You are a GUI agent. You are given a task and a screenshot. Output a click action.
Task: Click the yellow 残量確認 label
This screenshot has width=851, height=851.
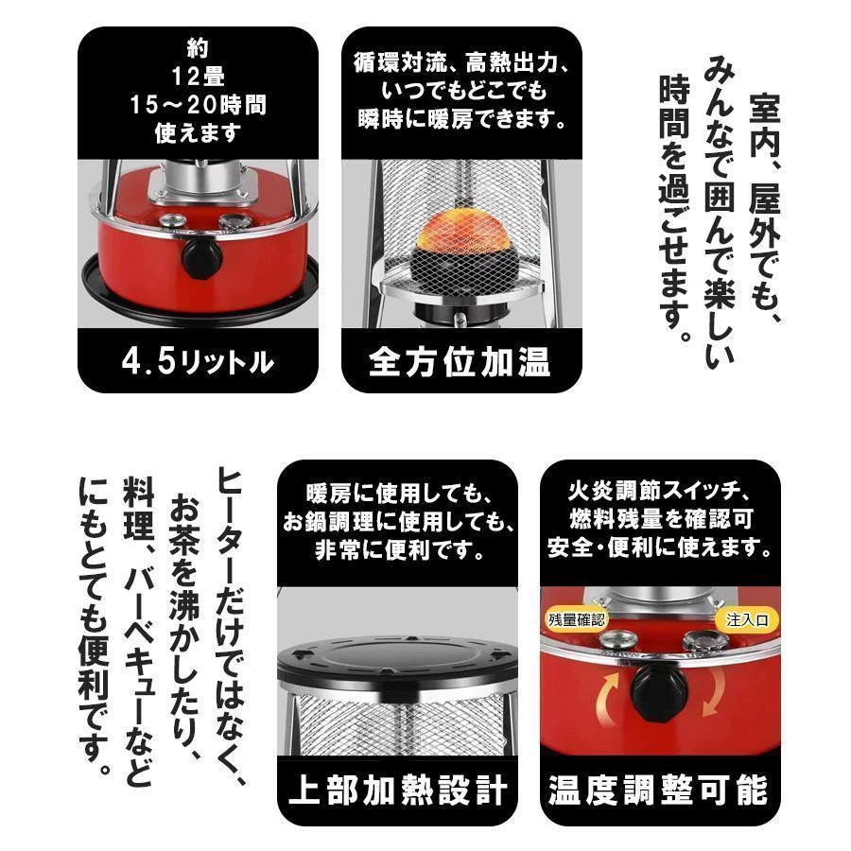point(577,620)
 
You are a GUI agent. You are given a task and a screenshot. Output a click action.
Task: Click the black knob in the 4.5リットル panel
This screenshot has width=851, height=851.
point(201,256)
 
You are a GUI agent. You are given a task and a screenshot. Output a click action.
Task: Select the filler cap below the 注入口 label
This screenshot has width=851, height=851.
point(702,644)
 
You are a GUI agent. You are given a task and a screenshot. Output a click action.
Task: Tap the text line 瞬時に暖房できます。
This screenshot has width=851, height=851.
point(461,120)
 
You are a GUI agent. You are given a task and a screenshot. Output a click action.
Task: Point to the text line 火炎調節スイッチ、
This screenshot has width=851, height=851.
point(659,493)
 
